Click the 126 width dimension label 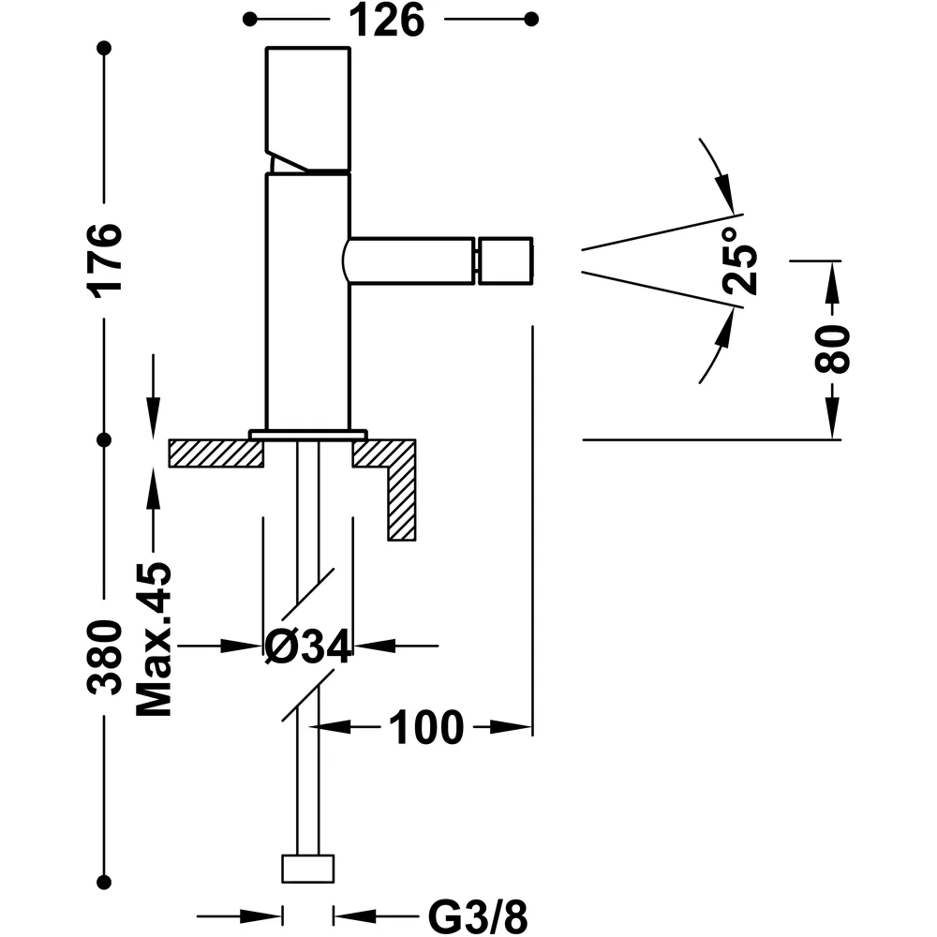pos(387,20)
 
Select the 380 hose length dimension pos(105,658)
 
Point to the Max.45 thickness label pos(154,639)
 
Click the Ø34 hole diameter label pos(308,647)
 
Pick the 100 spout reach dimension pos(426,727)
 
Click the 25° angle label pos(740,260)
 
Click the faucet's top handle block pos(307,110)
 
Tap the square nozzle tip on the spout pos(505,260)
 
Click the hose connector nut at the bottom pos(307,869)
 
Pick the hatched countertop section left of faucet pos(216,453)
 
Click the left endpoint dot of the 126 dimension pos(250,20)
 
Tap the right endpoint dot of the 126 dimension pos(530,20)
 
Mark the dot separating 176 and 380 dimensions pos(105,439)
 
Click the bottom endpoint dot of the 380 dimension pos(105,882)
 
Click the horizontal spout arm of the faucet pos(410,260)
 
